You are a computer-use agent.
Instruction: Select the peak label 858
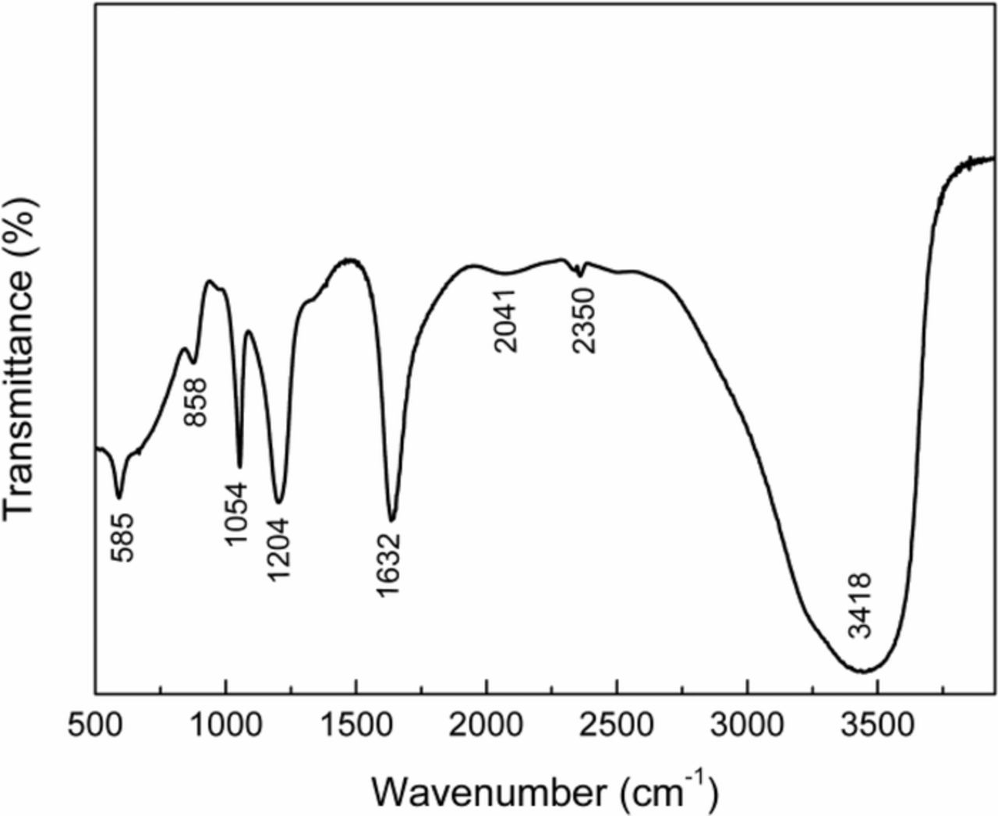(196, 402)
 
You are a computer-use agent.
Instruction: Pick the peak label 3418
(861, 605)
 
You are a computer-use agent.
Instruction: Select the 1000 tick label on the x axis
(225, 725)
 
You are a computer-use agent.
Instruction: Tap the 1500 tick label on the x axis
(356, 725)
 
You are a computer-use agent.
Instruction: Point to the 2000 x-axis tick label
(487, 725)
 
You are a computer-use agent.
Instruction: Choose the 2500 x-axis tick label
(617, 725)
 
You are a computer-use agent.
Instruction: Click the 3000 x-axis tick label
(747, 725)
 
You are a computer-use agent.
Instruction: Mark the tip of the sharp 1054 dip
(239, 467)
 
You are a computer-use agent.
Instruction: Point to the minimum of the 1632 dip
(391, 520)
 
